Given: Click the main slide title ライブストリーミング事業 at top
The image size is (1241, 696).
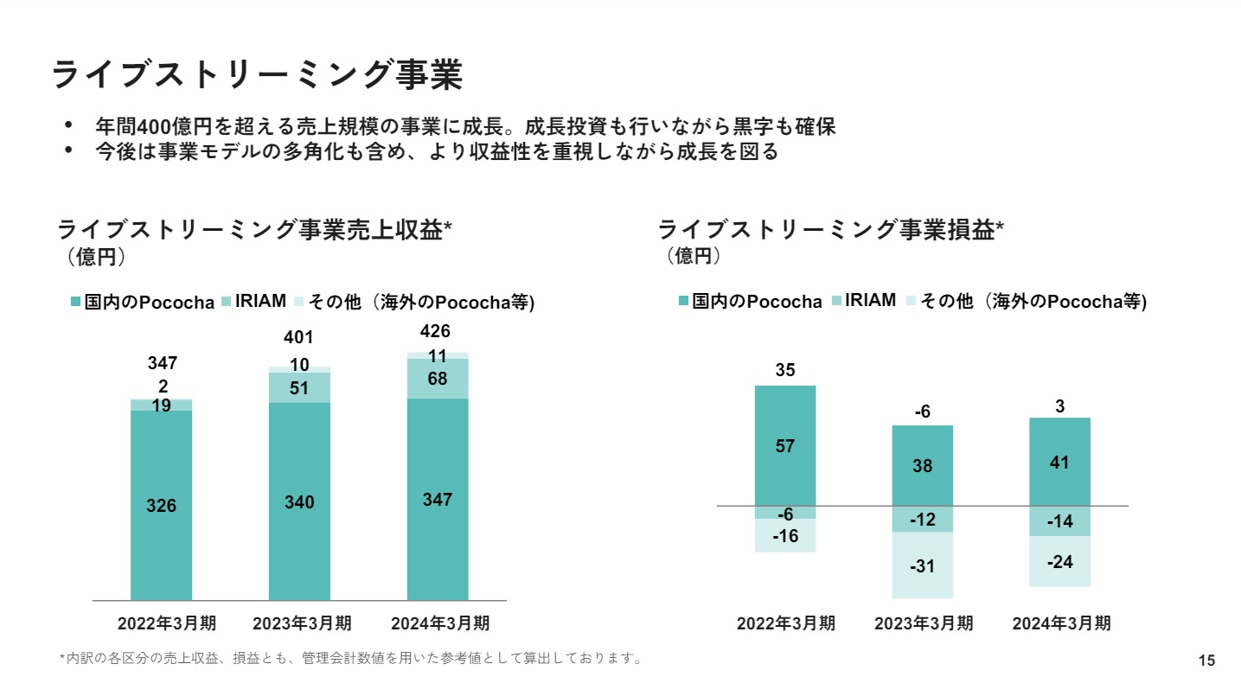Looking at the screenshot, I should coord(257,74).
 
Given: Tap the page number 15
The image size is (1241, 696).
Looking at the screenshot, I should coord(1206,661).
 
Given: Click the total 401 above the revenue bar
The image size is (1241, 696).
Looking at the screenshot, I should coord(298,337).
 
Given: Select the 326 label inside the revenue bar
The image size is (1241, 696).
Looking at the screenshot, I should coord(161,506).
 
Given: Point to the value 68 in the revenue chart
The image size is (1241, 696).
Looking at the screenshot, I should coord(438,380).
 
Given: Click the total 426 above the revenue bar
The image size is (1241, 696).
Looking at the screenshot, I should coord(435,331).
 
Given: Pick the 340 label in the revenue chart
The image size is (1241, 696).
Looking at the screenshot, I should coord(299,502).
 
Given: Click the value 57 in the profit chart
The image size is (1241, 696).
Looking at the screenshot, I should coord(785,446).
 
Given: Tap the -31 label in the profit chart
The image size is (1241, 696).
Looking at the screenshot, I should coord(923,566).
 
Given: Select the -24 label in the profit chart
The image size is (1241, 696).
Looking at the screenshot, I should coord(1059,562).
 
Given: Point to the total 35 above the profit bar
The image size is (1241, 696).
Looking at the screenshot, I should coord(784,370).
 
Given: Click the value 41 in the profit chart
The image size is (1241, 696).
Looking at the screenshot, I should coord(1059,463).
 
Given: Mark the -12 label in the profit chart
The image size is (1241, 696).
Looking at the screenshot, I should coord(923,520).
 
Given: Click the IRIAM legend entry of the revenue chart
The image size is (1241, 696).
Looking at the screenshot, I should coord(259,301).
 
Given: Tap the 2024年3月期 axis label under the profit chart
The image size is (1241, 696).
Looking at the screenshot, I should coord(1061,623).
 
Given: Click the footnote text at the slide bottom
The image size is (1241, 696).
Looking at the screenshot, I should coord(350,659).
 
